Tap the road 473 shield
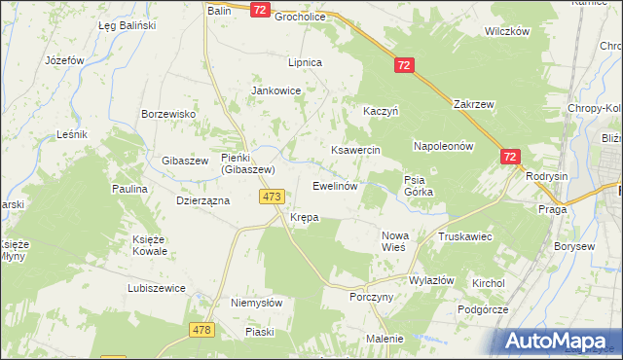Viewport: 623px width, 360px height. tap(272, 197)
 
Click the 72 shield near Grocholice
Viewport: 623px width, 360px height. tap(259, 10)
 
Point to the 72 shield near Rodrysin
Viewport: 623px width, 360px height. tap(511, 156)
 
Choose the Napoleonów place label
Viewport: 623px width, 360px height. tap(443, 146)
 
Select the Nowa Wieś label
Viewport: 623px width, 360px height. tap(400, 240)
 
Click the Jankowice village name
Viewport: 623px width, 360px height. tap(276, 90)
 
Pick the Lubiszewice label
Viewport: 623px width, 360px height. tap(157, 289)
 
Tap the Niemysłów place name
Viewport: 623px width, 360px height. tap(256, 303)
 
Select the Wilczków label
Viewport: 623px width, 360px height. tap(506, 31)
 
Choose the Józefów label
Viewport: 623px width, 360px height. tap(66, 59)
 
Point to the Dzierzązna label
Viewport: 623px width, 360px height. tap(202, 200)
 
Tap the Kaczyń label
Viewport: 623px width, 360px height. tap(383, 112)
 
